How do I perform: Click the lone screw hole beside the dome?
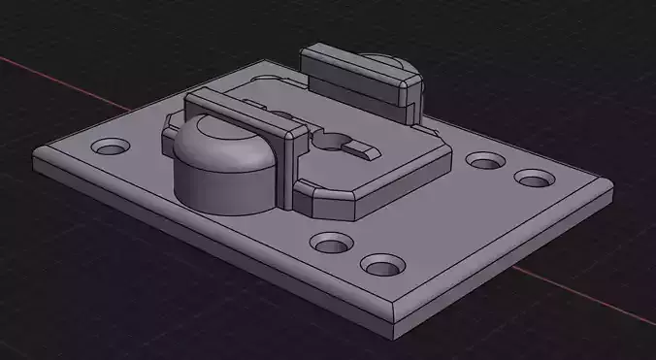(111, 149)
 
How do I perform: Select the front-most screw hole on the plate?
(382, 264)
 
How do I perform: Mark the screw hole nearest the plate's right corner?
(533, 180)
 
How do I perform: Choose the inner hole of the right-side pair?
(483, 161)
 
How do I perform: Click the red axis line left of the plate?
(58, 78)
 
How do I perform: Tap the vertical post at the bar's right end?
(290, 170)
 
